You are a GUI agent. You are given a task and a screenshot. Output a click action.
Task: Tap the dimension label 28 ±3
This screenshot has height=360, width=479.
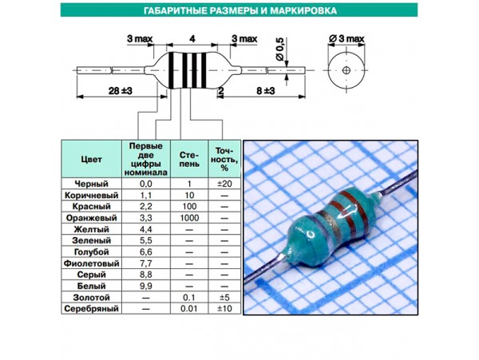pyautogui.click(x=121, y=91)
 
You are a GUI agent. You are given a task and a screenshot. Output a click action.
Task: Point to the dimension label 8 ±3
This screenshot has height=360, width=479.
pyautogui.click(x=266, y=91)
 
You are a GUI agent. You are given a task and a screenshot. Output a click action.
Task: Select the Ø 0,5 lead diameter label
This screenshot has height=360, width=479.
pyautogui.click(x=280, y=49)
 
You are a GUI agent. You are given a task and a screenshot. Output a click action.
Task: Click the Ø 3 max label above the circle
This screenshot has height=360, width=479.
pyautogui.click(x=346, y=39)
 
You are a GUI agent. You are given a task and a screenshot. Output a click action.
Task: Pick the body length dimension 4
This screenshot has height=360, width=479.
pyautogui.click(x=192, y=39)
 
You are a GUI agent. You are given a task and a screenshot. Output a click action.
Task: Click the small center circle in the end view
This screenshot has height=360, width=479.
pyautogui.click(x=346, y=70)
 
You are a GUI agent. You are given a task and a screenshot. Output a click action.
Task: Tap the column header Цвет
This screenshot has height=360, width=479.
pyautogui.click(x=91, y=160)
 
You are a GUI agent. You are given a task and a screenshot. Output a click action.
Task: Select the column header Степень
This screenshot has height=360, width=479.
pyautogui.click(x=189, y=159)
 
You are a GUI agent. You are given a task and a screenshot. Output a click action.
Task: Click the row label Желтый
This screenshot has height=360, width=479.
pyautogui.click(x=91, y=229)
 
